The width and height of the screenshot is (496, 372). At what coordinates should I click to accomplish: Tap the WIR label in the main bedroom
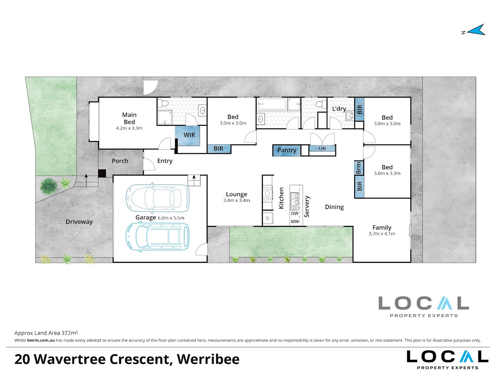coord(189,135)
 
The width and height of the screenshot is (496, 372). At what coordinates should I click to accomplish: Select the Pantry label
coord(287,150)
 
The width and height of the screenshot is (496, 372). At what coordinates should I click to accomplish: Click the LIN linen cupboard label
coord(322,149)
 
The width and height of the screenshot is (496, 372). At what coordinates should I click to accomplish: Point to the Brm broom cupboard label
coord(359,168)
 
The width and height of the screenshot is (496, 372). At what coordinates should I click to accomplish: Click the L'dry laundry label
coord(339,109)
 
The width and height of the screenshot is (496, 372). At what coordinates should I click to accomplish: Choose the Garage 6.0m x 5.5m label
coord(160,218)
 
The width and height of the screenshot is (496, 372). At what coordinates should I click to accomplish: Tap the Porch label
coord(120,161)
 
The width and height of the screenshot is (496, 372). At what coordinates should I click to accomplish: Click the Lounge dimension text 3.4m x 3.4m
coord(236,200)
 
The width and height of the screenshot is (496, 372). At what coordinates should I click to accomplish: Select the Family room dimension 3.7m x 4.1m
coord(382,234)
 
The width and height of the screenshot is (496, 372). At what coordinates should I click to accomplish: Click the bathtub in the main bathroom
coord(272,104)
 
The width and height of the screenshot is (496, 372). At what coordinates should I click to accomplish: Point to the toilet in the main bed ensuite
coord(163,103)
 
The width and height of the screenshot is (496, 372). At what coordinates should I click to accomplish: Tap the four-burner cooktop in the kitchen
coord(267,193)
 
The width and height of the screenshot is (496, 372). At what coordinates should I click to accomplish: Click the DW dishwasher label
coord(295,213)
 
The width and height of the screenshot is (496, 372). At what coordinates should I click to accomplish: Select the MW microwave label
coord(295,221)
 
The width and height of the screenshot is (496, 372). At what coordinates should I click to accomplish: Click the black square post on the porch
coord(102,173)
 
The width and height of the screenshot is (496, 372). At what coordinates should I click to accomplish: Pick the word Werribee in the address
coord(208,359)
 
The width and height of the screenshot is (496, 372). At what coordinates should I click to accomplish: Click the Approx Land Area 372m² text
coord(46,333)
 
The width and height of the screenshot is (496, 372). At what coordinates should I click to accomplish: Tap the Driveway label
coord(79,222)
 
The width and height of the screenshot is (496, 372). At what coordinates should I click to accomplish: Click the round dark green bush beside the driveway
coord(49,186)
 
